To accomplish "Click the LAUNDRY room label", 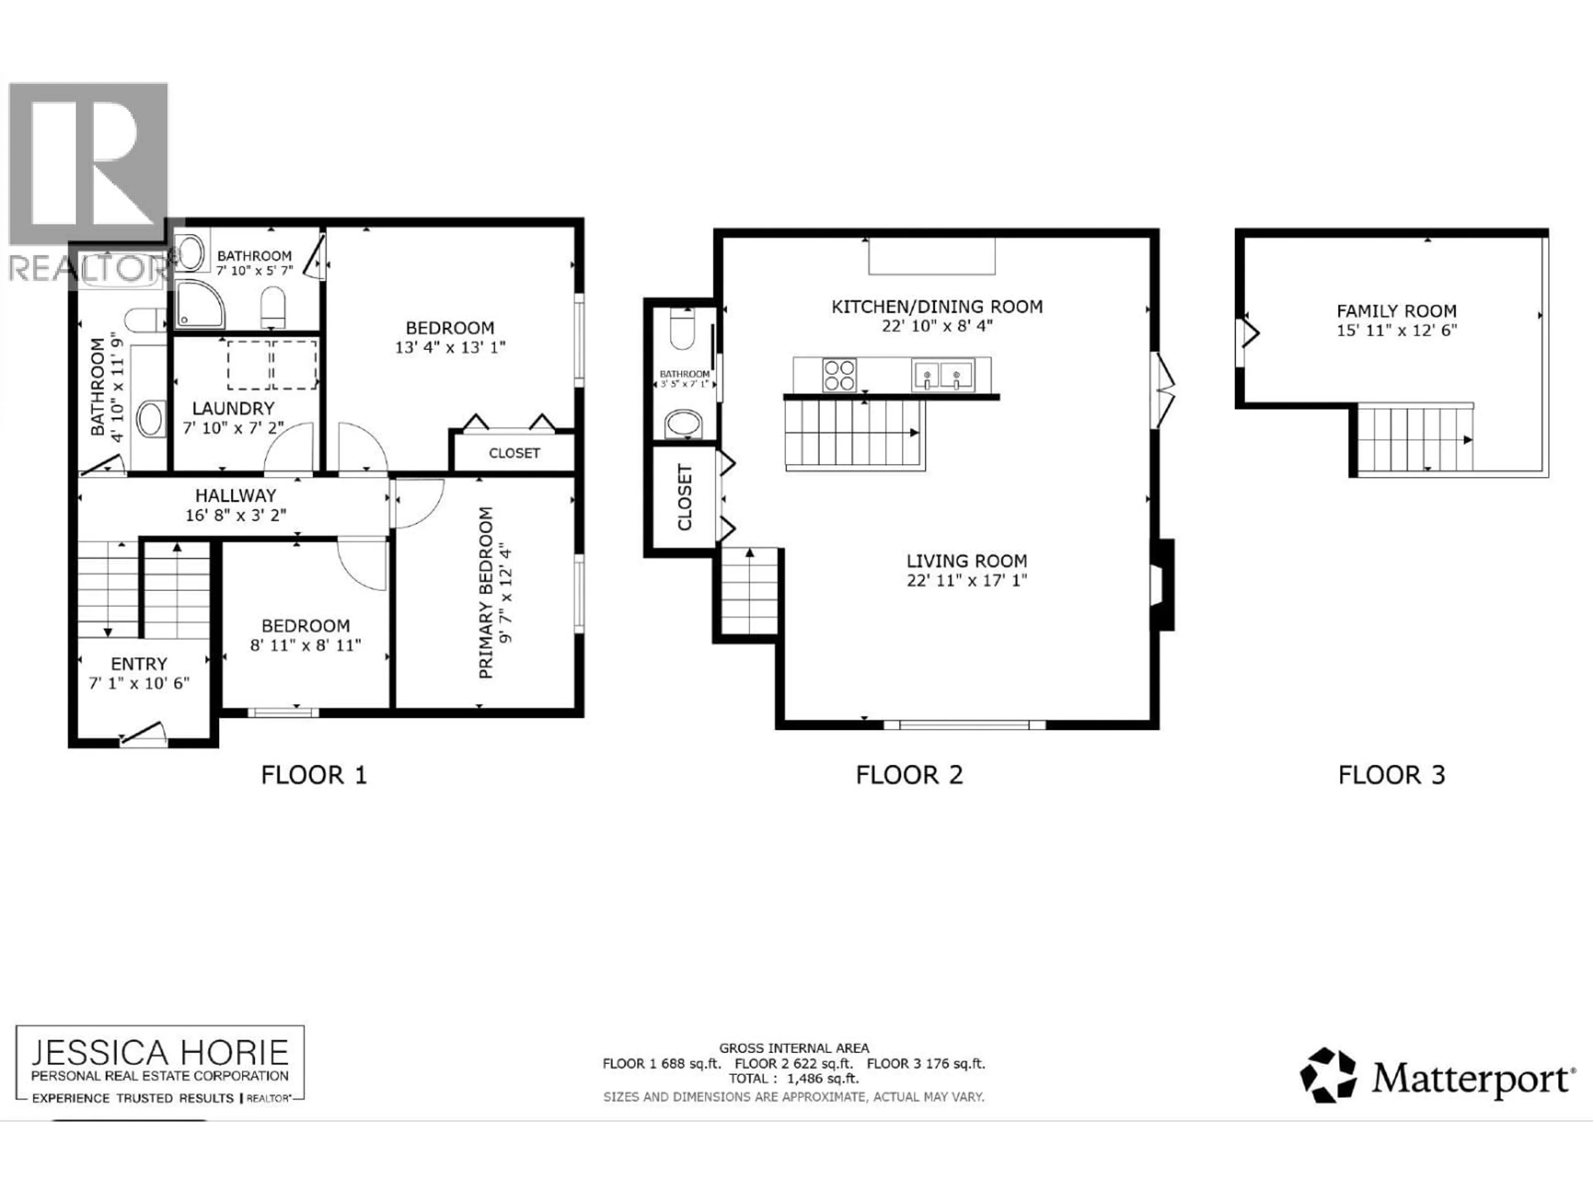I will pos(233,408).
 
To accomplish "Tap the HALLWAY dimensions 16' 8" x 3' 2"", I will pos(236,515).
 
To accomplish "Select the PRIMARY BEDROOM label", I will pos(486,592).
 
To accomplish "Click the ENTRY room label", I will pos(139,663).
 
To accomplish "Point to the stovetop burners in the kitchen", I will pos(839,375).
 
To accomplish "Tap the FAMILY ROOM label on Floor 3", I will pos(1396,311).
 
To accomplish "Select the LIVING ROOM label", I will pos(967,561).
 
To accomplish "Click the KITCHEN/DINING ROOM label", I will pos(937,307).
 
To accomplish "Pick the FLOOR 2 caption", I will pos(909,775).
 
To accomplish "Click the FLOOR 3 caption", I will pos(1391,775).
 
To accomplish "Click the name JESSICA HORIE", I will pos(160,1053).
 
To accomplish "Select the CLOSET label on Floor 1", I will pos(514,453).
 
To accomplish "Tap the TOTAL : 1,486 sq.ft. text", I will pos(794,1078).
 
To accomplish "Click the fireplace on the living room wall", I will pos(1162,585).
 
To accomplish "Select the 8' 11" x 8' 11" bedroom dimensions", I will pos(305,645).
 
